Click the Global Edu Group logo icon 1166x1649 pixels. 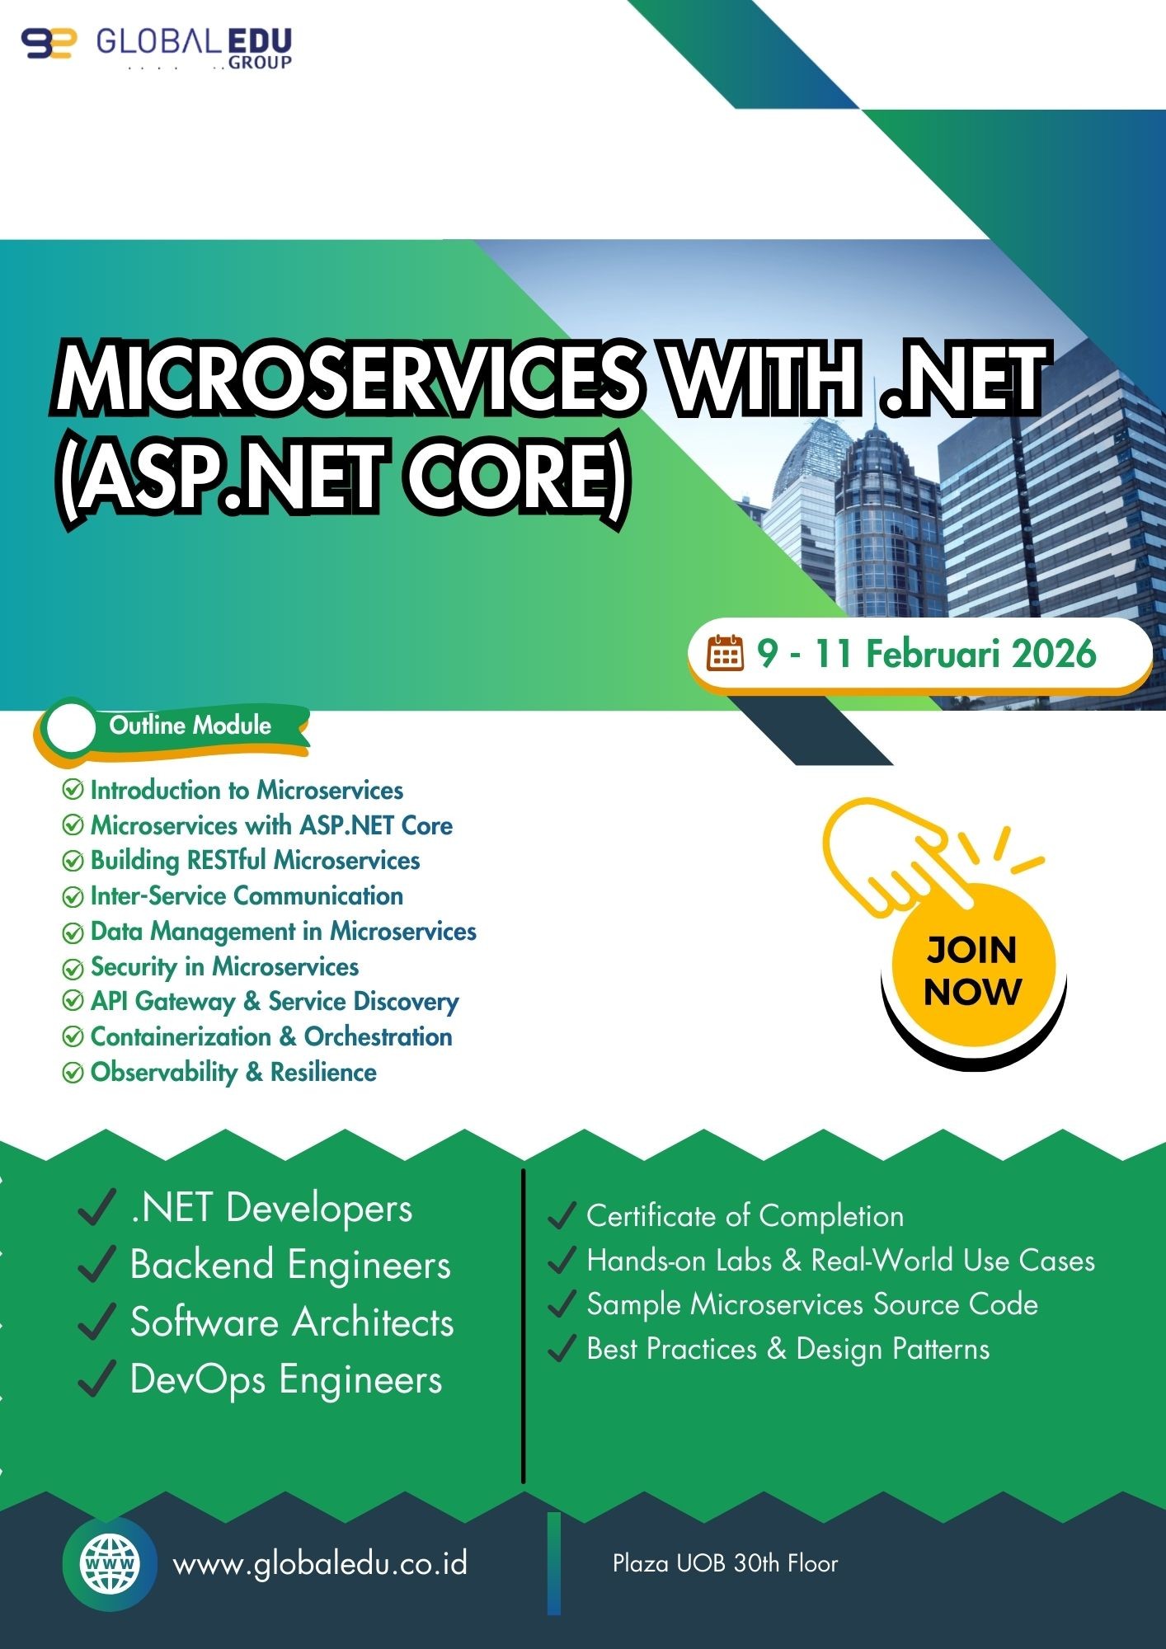coord(49,43)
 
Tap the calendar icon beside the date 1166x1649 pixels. coord(726,654)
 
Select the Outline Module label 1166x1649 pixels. coord(190,726)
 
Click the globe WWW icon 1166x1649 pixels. coord(110,1564)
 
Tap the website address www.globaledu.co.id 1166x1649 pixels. coord(320,1563)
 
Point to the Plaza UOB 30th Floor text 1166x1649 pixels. coord(725,1563)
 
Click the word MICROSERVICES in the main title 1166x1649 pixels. coord(346,378)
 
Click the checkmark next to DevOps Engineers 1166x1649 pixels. coord(96,1379)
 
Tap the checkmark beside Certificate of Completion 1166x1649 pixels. coord(561,1215)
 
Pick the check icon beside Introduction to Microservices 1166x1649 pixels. coord(73,790)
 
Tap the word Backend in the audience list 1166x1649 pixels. coord(202,1265)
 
